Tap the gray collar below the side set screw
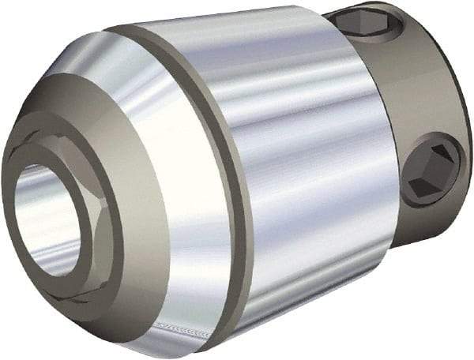click(x=427, y=217)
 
